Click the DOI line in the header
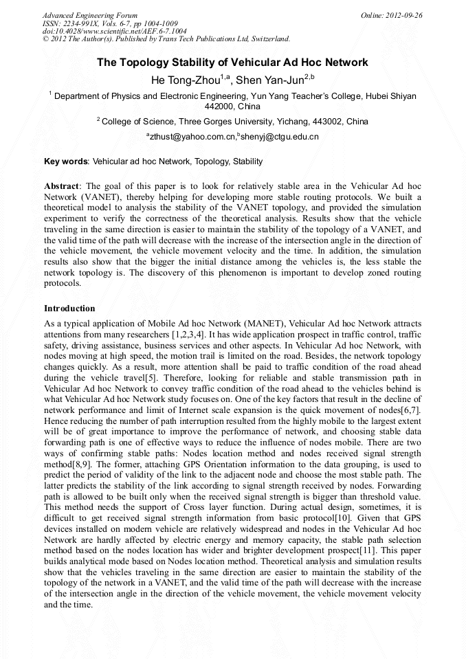(x=114, y=31)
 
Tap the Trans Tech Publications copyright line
(x=166, y=39)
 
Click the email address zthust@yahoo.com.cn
(x=192, y=137)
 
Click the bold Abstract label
(x=63, y=186)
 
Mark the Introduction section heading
(x=69, y=309)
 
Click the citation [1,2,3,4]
(x=187, y=333)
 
